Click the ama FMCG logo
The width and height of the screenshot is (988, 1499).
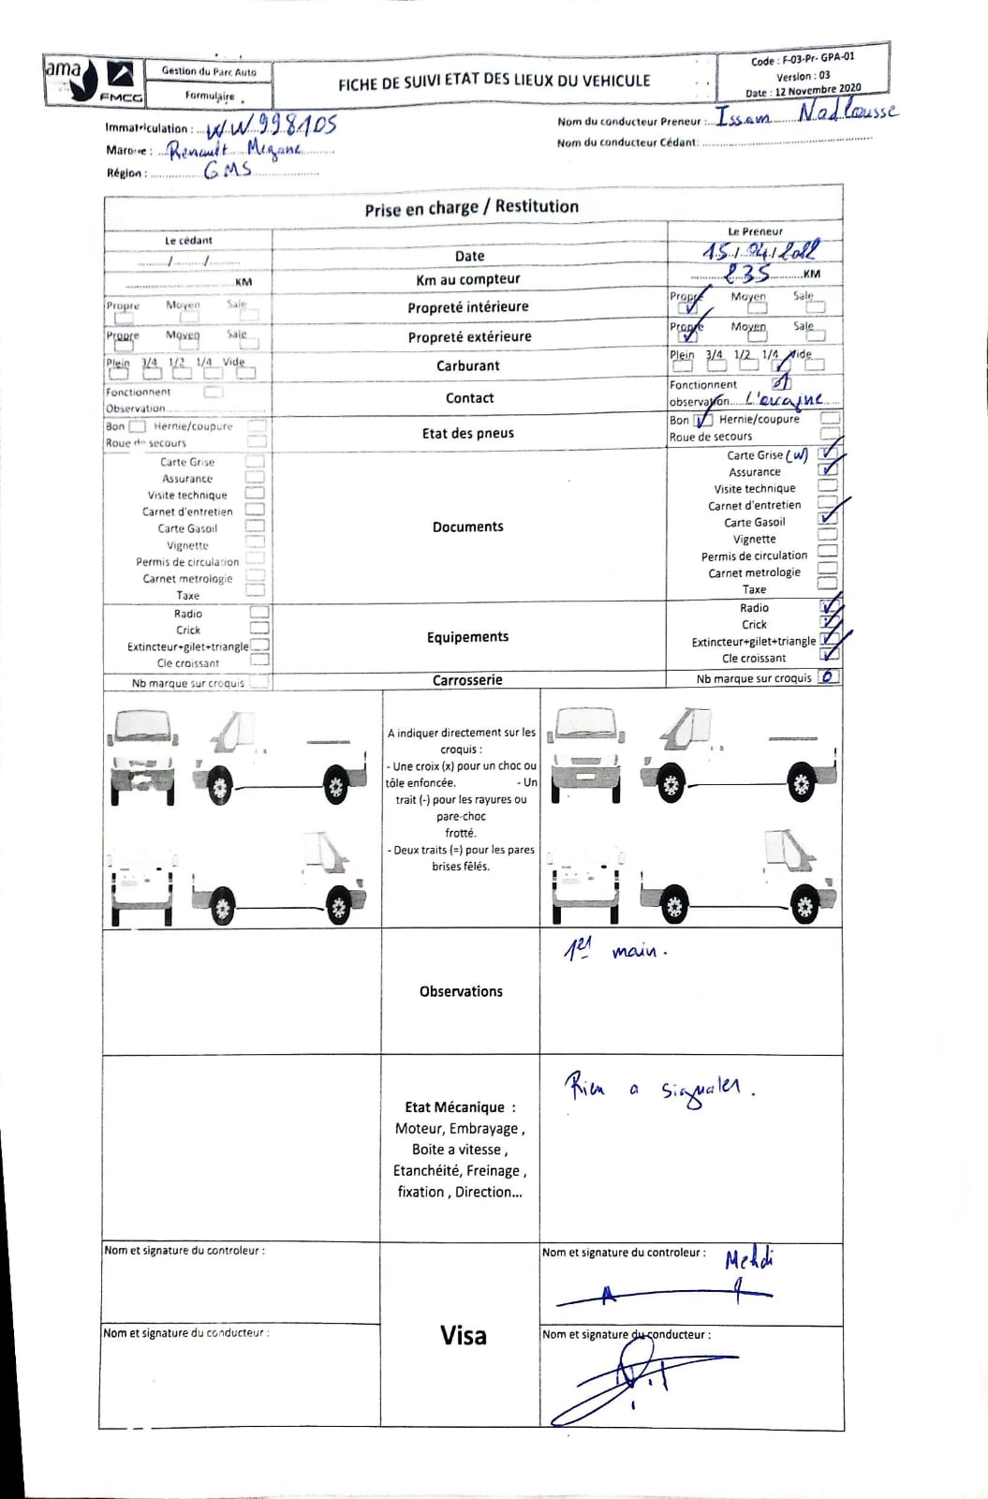[94, 81]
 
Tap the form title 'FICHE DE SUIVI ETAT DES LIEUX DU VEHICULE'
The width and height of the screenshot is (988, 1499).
[494, 82]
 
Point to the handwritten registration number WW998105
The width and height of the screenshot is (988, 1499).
[271, 126]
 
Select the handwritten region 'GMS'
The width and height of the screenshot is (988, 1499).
[228, 171]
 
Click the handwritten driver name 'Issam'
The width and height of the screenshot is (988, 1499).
[744, 117]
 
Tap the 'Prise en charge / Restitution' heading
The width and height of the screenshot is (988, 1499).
[471, 208]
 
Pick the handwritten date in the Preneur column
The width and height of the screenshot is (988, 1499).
[759, 251]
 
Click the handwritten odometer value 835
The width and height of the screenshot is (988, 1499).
[748, 273]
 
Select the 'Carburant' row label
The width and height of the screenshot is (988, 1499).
[467, 366]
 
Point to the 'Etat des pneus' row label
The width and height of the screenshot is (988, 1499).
[467, 433]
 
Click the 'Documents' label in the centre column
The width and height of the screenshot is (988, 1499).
[467, 527]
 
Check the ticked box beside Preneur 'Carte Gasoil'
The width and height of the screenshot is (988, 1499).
[827, 518]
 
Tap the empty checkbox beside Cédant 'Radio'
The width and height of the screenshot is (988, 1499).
[259, 613]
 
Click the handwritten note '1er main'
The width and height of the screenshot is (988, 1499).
[614, 951]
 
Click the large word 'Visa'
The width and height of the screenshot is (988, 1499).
[463, 1335]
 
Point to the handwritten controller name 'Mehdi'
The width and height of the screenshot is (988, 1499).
[749, 1259]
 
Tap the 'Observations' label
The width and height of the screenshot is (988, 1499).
[461, 991]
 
